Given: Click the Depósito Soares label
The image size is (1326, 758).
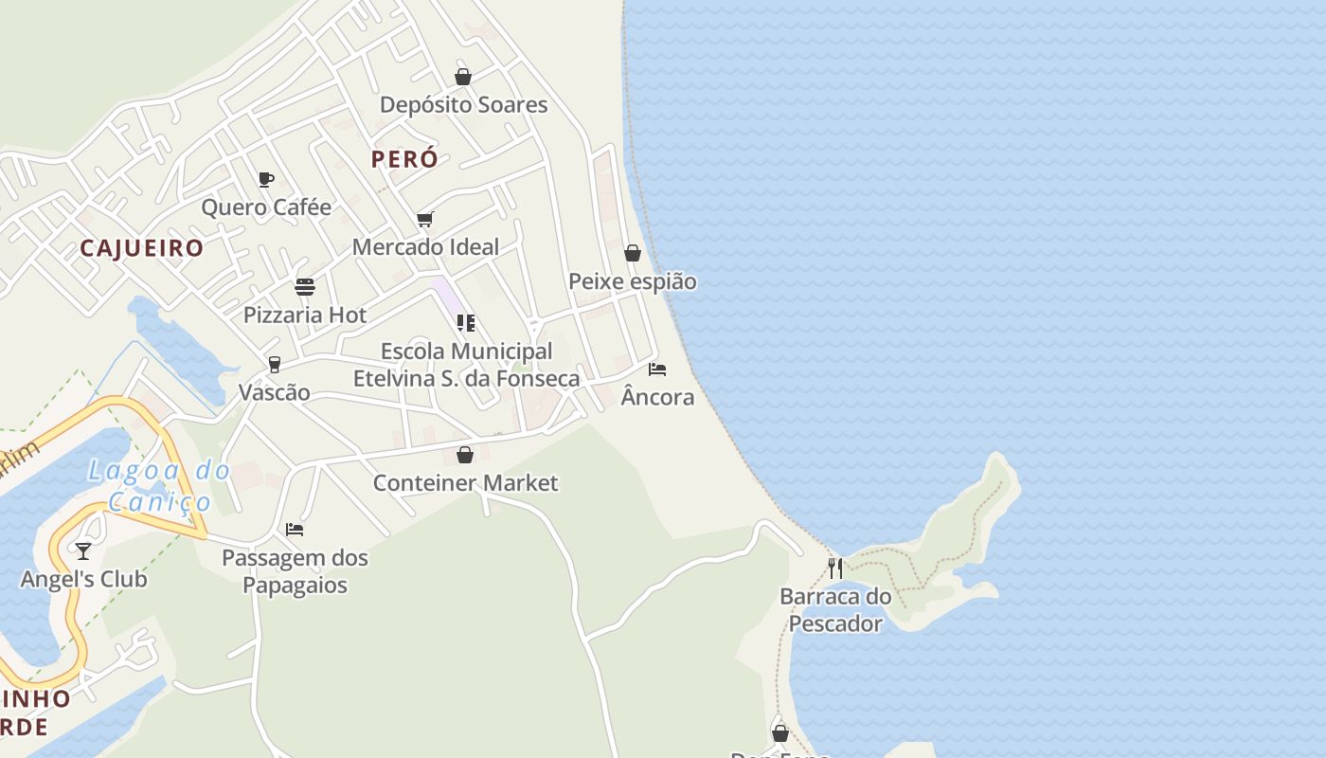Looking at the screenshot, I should click(x=463, y=104).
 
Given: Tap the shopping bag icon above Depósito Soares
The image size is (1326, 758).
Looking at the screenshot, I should click(x=463, y=77).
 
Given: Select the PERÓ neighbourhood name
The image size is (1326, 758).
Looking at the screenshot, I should click(x=404, y=159).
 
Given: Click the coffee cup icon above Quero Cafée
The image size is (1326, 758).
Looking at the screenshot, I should click(x=266, y=179).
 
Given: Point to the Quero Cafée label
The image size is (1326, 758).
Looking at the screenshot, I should click(x=266, y=208).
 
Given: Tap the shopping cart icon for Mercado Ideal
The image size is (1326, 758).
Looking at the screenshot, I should click(x=425, y=220).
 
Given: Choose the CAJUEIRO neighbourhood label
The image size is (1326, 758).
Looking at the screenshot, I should click(x=141, y=248).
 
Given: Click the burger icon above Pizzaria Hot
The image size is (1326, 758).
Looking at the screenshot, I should click(x=305, y=287).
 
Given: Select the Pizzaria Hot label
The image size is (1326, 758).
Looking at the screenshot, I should click(x=305, y=316).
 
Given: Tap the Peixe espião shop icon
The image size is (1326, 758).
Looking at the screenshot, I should click(x=633, y=253).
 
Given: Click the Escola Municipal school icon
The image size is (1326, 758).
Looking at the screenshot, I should click(x=466, y=323).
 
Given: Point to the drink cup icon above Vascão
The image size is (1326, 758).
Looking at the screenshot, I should click(x=275, y=365).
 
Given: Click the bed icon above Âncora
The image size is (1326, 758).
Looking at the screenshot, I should click(x=657, y=370).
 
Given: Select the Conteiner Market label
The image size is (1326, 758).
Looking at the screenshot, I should click(x=465, y=483).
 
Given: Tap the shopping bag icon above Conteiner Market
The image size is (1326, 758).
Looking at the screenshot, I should click(x=465, y=456).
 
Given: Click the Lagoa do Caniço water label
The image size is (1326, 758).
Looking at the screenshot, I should click(x=159, y=485).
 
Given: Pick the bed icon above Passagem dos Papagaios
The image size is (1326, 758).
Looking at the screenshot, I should click(x=295, y=530).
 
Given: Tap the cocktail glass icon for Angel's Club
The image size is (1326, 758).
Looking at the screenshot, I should click(x=83, y=550).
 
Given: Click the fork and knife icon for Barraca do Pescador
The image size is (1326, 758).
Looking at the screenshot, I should click(x=835, y=568).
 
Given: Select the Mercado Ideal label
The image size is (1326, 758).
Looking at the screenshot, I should click(x=425, y=247).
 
